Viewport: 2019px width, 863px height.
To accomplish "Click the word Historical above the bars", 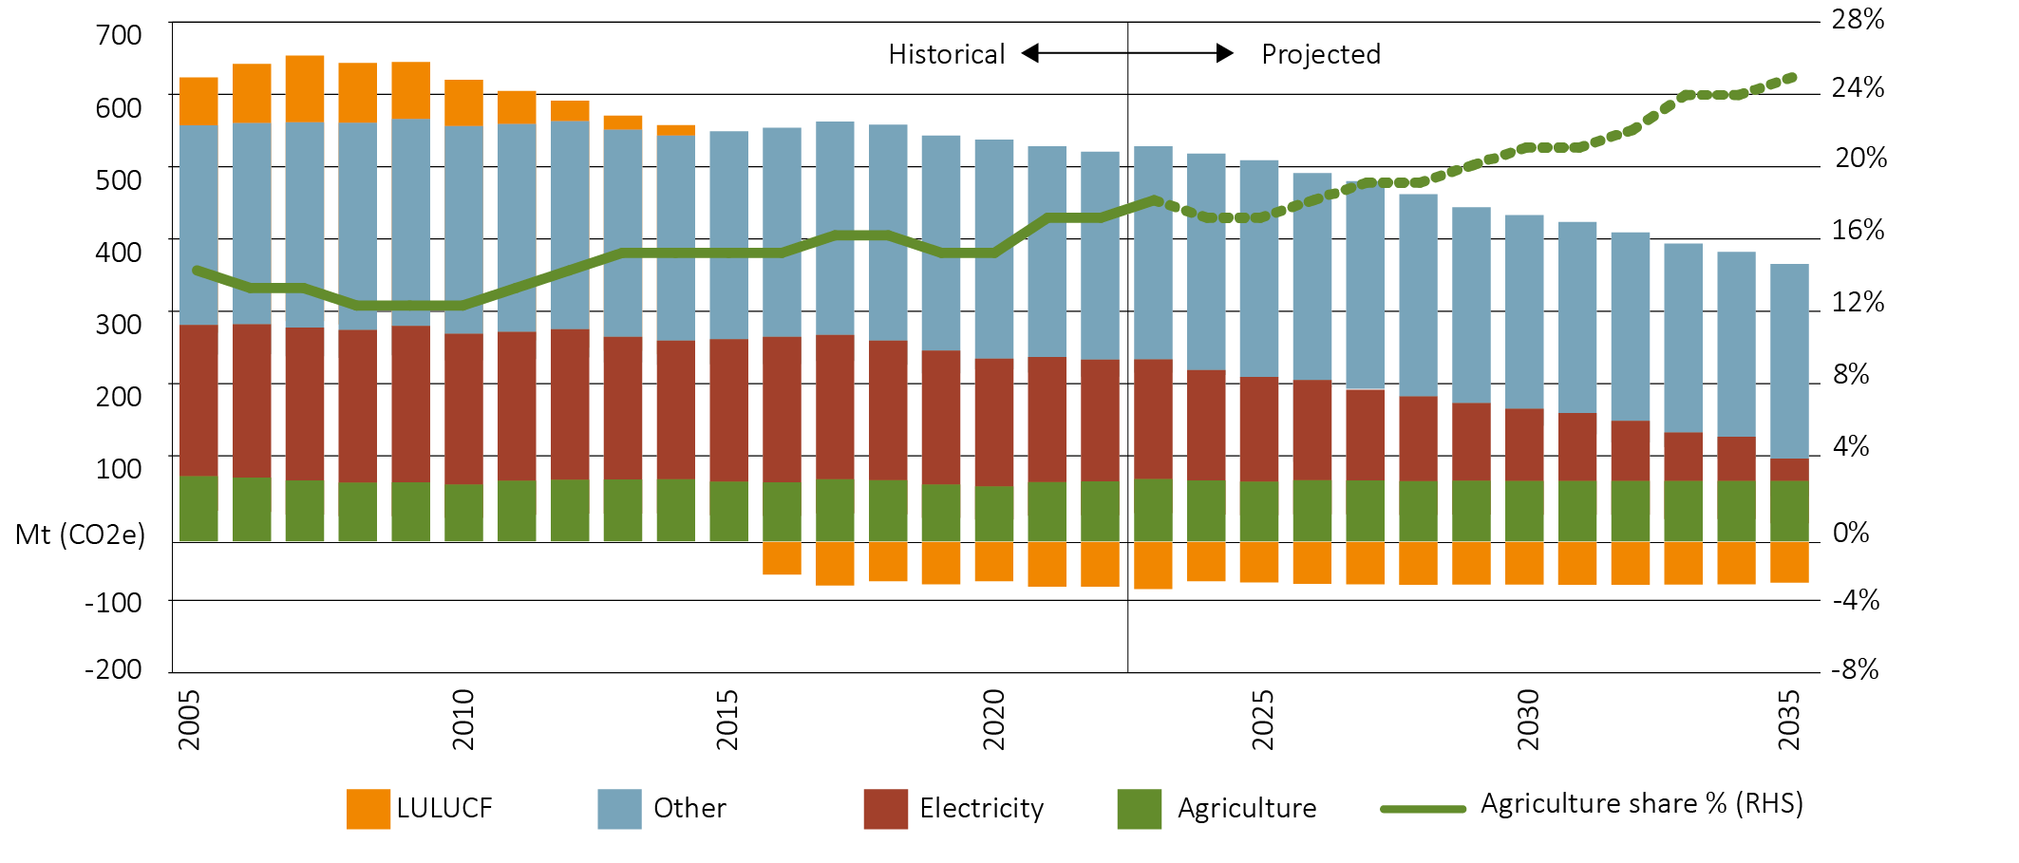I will [x=946, y=54].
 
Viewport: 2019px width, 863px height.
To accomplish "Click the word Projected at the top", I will [x=1320, y=54].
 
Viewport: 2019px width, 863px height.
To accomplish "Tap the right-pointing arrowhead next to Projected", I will [x=1225, y=53].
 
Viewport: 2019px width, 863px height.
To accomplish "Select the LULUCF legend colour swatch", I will [x=368, y=809].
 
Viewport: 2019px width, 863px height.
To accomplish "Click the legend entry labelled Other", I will [x=689, y=808].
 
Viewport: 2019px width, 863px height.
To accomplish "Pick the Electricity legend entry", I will [x=981, y=808].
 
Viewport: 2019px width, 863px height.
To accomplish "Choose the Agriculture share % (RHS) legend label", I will [x=1641, y=804].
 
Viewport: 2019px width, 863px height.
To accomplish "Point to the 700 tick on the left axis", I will [x=119, y=35].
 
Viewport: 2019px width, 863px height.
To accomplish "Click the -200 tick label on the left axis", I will [x=113, y=669].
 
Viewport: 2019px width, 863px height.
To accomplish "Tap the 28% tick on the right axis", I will [x=1858, y=19].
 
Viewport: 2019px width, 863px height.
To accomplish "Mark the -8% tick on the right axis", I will [x=1855, y=669].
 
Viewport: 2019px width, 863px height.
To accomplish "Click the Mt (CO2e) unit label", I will [x=80, y=535].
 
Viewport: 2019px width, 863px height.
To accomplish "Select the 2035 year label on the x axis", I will [x=1789, y=720].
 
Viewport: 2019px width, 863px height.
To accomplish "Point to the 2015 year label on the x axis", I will [x=727, y=720].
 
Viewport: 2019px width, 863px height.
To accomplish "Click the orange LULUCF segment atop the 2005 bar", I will [x=198, y=101].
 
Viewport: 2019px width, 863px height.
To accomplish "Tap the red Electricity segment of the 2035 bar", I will [x=1789, y=470].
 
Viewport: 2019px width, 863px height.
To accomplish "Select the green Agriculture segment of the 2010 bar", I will [x=463, y=513].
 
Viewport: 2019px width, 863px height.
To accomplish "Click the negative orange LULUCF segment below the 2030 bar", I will [x=1524, y=563].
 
